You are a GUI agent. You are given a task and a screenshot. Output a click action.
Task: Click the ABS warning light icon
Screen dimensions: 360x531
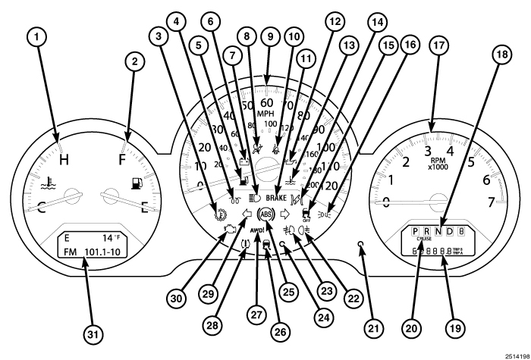coord(266,214)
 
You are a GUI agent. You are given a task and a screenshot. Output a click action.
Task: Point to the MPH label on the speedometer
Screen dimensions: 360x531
coord(266,114)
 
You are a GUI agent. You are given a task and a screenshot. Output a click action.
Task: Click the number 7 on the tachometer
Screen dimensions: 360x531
coord(492,202)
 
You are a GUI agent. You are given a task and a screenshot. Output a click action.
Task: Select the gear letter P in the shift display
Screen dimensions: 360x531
coord(415,231)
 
